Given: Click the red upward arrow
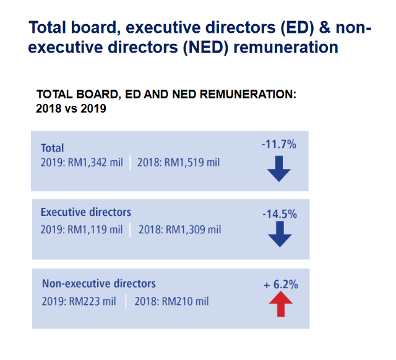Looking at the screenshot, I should tap(280, 305).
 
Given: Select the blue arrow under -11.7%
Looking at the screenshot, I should tap(279, 168).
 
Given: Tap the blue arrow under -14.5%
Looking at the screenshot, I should tap(280, 234).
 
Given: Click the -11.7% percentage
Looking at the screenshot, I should tap(279, 145).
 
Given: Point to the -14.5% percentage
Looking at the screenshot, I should tap(280, 214).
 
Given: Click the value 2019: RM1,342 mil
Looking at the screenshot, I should tap(82, 163).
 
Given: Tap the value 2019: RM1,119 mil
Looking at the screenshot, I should tap(82, 229).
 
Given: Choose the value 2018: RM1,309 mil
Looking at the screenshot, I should tap(179, 229).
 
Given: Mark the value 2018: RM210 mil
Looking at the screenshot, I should tap(171, 301).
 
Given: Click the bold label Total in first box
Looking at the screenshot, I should tap(53, 148).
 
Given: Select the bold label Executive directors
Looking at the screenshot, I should tap(86, 212).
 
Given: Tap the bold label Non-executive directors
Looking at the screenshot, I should tap(99, 284).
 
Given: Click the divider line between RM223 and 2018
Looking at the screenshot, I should tap(126, 301).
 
